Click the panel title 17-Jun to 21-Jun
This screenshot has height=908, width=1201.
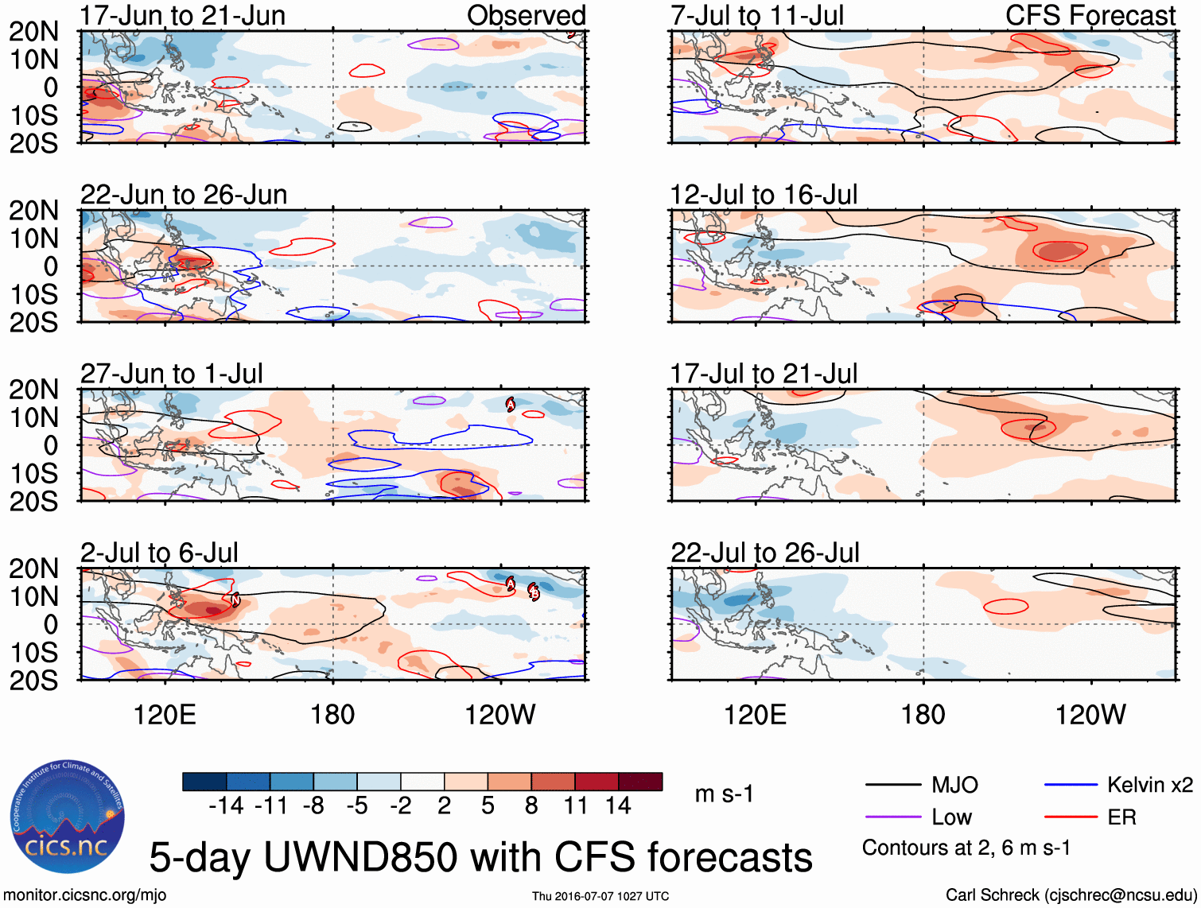coord(182,16)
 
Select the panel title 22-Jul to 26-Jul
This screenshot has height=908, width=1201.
coord(764,553)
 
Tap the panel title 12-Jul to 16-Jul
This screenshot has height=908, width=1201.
coord(764,195)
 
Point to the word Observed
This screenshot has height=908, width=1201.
coord(526,16)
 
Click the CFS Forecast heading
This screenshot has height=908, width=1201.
coord(1090,16)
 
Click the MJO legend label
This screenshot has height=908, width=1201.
coord(954,786)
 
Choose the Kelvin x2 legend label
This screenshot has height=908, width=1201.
coord(1149,786)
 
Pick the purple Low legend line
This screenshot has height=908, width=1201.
coord(892,817)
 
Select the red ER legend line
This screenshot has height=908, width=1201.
coord(1070,817)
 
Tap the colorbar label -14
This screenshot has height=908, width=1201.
coord(226,806)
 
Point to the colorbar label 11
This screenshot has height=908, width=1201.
coord(575,806)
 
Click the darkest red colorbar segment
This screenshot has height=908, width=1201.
coord(640,782)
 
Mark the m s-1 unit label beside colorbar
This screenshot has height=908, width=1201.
coord(724,794)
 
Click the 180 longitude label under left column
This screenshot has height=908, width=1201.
coord(332,715)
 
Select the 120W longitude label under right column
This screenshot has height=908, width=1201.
coord(1090,715)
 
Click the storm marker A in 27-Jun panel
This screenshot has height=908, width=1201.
coord(511,405)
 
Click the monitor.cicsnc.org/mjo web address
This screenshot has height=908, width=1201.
coord(85,895)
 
